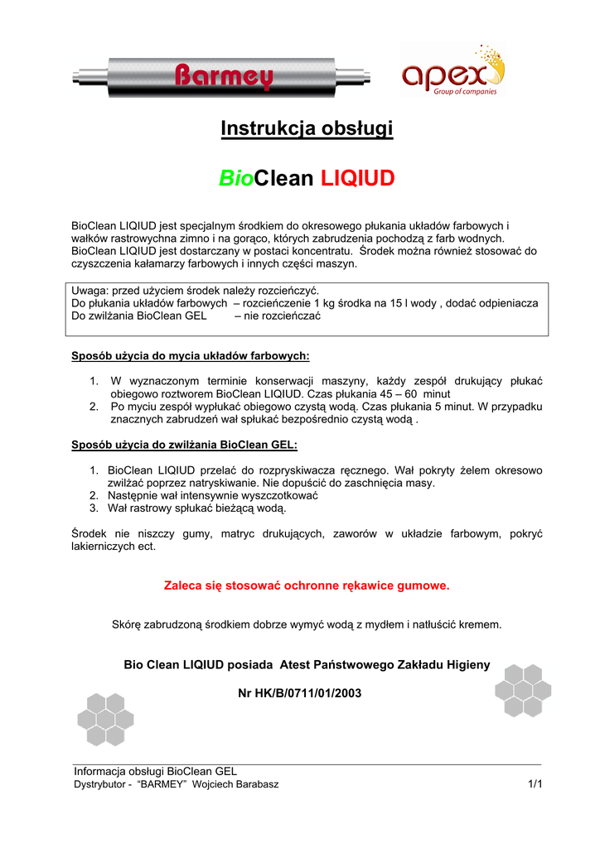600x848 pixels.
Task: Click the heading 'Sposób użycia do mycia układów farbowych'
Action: point(191,356)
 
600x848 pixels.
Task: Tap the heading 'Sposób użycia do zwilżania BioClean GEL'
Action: point(184,445)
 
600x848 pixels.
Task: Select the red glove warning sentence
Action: point(307,585)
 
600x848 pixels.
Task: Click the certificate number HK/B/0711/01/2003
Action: point(307,692)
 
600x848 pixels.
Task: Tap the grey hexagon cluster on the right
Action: point(520,691)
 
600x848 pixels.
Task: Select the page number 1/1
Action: point(534,783)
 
